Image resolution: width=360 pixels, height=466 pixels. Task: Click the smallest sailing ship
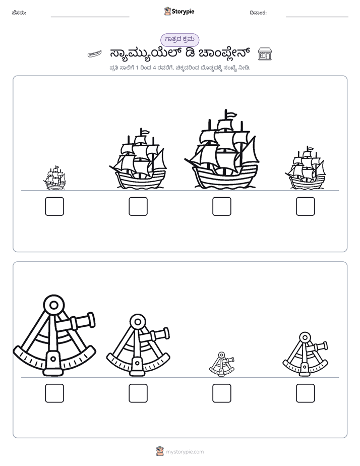click(54, 178)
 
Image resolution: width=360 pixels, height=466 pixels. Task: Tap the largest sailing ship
click(221, 150)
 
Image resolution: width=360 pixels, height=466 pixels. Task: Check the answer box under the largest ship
click(221, 206)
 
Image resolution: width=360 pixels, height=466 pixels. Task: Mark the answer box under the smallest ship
click(54, 206)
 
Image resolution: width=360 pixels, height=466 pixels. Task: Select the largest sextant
click(54, 336)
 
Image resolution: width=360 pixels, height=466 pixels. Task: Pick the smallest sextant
click(221, 364)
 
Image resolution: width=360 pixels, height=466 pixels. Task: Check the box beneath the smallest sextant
click(221, 393)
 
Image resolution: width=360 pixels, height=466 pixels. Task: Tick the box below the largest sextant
click(54, 393)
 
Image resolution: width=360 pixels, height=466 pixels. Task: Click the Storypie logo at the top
click(179, 12)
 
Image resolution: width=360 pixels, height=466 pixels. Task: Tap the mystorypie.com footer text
click(185, 452)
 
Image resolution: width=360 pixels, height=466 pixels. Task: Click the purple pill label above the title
click(179, 40)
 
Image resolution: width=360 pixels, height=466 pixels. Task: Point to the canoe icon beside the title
click(95, 54)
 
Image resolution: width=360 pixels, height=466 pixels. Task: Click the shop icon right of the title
click(265, 54)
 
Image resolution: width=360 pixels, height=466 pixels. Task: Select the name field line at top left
click(90, 17)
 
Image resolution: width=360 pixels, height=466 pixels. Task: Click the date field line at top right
click(317, 17)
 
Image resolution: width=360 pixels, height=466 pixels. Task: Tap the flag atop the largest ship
click(231, 114)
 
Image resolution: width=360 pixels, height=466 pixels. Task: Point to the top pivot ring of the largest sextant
click(54, 305)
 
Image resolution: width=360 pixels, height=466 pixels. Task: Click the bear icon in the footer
click(160, 451)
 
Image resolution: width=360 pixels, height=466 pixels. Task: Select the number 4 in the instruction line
click(154, 68)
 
